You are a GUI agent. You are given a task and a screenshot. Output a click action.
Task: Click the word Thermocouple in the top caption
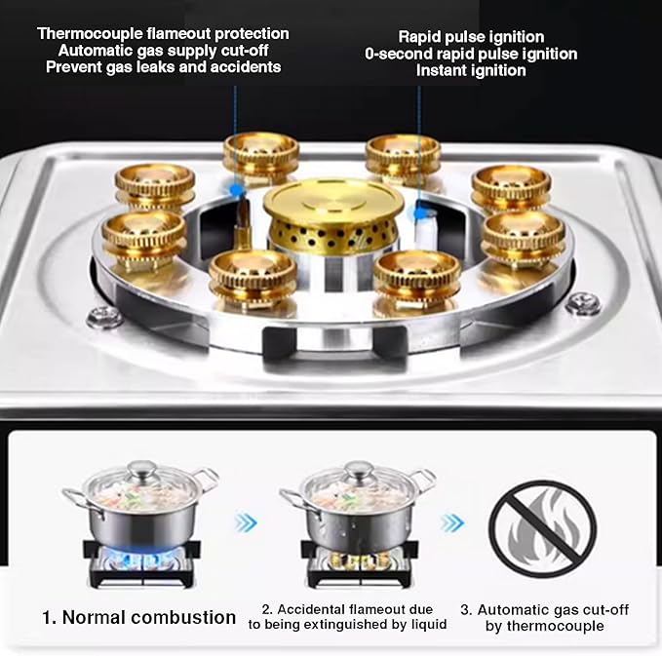pos(86,34)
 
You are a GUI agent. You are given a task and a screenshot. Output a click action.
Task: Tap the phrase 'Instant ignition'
pos(471,71)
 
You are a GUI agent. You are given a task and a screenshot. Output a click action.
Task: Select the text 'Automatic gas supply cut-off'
pos(163,51)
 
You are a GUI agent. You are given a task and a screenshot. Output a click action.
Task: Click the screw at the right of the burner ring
pos(583,303)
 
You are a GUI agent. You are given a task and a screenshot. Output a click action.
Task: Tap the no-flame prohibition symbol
pos(542,526)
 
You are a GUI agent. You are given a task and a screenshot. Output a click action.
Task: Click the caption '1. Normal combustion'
pos(138,617)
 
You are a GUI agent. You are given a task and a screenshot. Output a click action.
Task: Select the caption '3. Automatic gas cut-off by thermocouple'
pos(544,617)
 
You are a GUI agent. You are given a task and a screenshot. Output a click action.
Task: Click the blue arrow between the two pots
pos(246,523)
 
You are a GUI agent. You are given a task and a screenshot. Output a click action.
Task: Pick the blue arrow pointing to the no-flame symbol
pos(451,523)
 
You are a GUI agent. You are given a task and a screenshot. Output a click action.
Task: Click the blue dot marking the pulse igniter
pos(419,211)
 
